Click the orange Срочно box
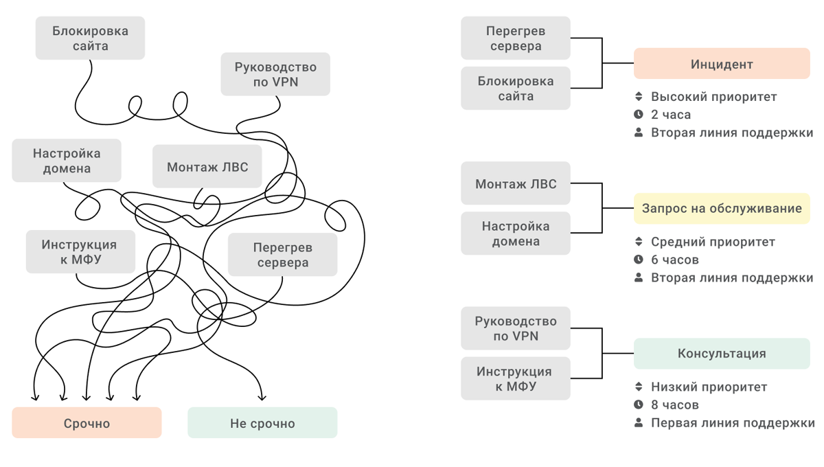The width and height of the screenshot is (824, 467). pos(87,423)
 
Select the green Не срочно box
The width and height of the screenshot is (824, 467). pos(262,423)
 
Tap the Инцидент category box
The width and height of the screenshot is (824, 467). pos(722,64)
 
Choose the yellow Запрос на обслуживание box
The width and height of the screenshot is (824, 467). pos(722,208)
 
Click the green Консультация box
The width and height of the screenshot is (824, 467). pos(722,354)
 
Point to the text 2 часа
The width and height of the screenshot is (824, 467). pos(671,115)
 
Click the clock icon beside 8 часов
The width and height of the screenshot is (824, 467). pos(639,405)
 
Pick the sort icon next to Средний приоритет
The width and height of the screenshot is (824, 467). pos(639,242)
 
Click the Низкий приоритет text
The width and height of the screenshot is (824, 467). pos(709,387)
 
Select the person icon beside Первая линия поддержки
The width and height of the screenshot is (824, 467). pos(639,423)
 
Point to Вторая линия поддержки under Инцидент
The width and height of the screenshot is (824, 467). pos(732,133)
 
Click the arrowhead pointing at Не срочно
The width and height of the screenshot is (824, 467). pos(262,396)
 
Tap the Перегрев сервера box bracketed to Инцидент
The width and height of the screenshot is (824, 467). pos(516,38)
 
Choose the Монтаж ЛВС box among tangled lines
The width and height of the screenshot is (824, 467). pos(207,167)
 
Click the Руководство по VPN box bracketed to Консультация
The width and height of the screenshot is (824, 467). pos(516,328)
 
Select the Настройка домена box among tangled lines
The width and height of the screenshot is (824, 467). pos(67,161)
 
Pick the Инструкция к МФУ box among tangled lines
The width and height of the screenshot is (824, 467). pos(80,252)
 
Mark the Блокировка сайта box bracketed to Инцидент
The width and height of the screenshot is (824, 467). pos(516,89)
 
